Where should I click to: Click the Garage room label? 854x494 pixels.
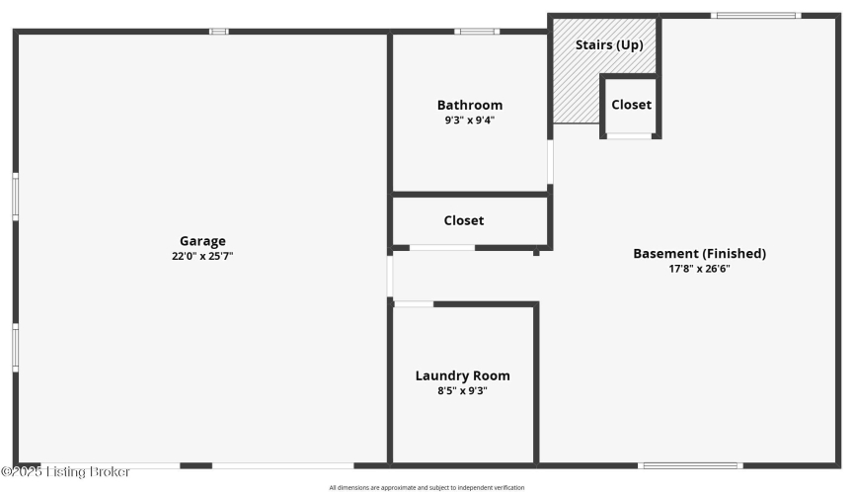202,241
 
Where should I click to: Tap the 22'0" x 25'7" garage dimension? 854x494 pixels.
202,256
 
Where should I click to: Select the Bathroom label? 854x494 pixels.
470,105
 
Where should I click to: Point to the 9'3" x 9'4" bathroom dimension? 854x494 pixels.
470,120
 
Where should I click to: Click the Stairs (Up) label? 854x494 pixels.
609,44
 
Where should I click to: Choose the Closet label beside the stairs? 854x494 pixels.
631,105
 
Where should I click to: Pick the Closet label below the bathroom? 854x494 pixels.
463,220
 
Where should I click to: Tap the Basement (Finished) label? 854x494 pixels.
699,254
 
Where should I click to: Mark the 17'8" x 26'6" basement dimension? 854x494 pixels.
699,269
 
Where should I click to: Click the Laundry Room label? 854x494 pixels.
462,375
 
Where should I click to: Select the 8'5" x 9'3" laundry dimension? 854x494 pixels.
462,390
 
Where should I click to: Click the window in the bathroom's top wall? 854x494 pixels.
477,32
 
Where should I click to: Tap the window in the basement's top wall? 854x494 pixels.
756,16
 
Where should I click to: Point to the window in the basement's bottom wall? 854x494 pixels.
691,465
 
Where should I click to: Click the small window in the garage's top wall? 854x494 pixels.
219,32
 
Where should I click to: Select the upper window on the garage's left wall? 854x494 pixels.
16,197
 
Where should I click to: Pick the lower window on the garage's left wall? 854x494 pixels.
16,348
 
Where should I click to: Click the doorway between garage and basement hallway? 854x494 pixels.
390,276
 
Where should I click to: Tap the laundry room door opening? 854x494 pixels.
414,304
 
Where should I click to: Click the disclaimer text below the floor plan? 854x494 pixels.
427,487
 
